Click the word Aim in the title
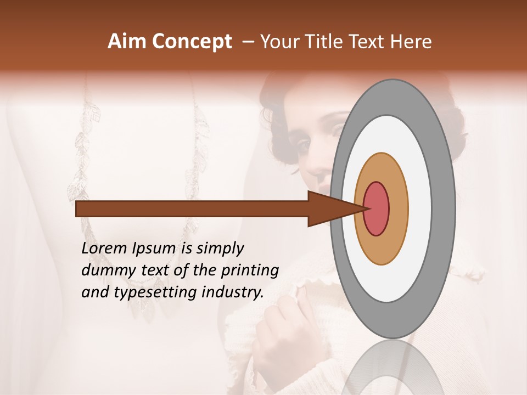click(127, 42)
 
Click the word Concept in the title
click(191, 42)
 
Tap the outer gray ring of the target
click(445, 208)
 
